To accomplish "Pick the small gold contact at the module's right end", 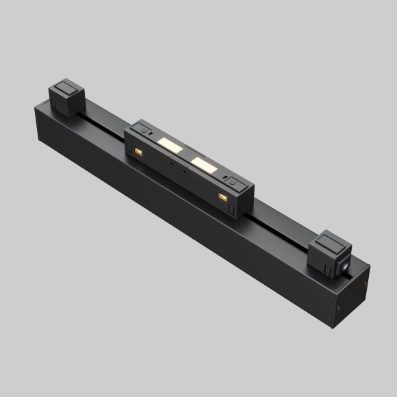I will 222,196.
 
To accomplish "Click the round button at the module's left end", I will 142,128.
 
